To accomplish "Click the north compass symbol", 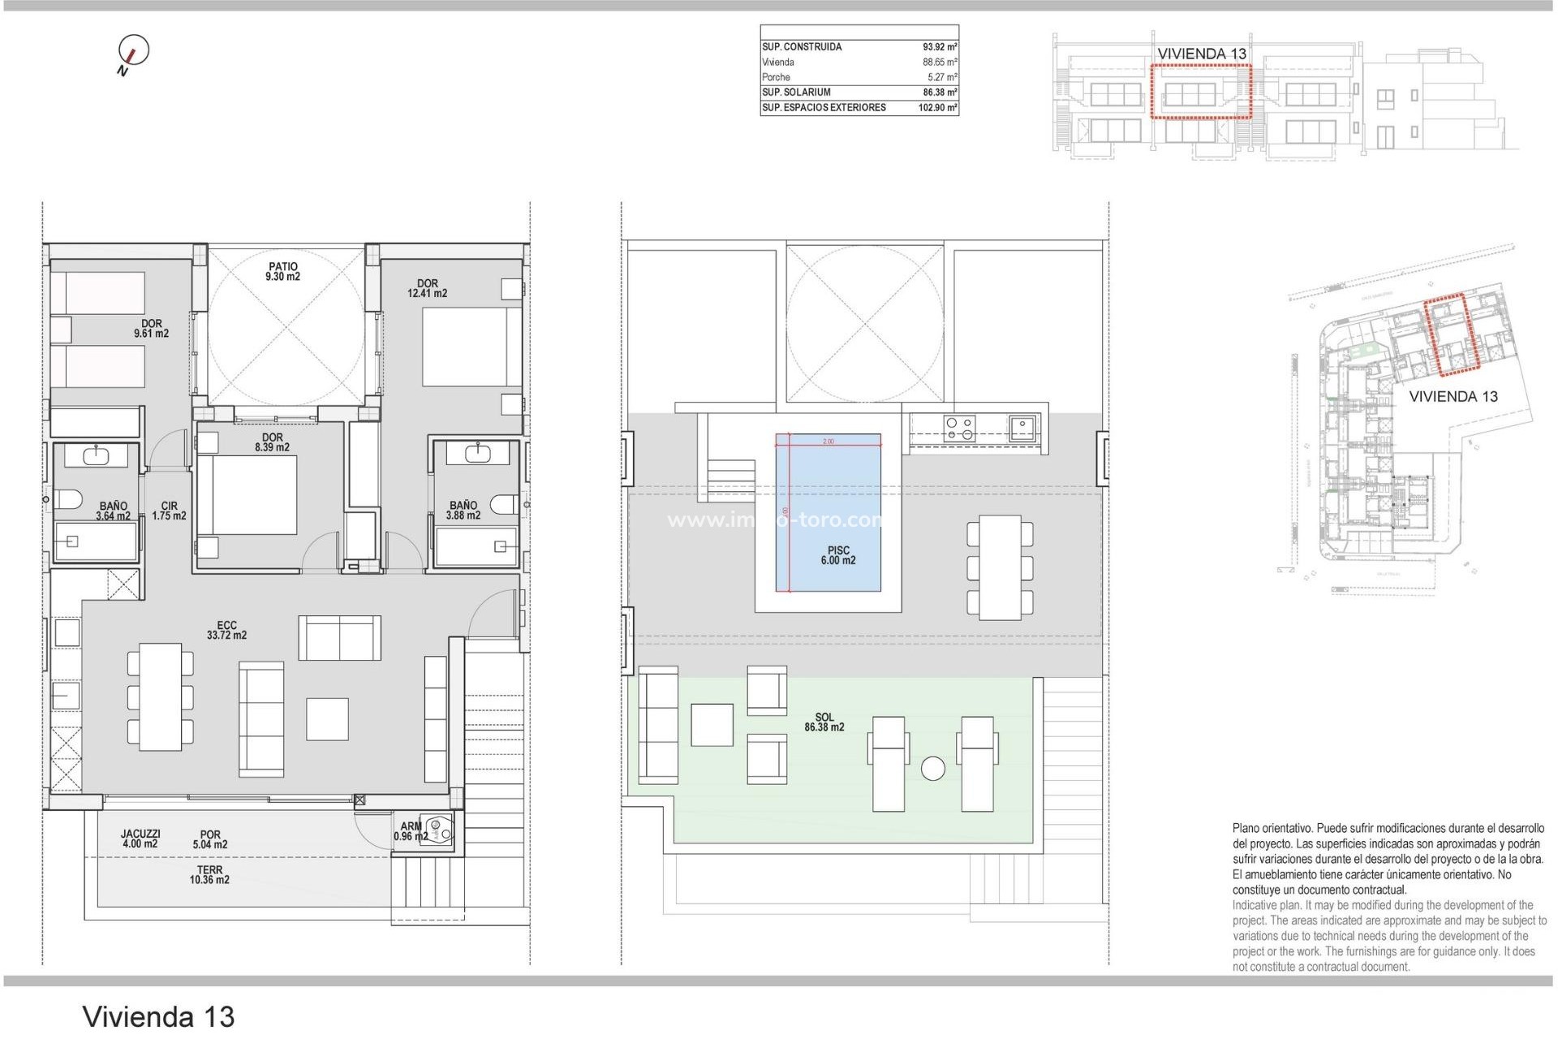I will click(133, 51).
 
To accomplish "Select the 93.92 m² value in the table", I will click(939, 47).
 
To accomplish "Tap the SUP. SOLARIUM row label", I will click(796, 93).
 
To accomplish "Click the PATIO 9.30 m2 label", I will click(282, 272).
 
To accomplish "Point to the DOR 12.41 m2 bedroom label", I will click(427, 289).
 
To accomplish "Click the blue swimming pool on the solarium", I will click(828, 511).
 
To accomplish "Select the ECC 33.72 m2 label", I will click(226, 631).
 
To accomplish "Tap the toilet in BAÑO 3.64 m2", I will click(67, 500).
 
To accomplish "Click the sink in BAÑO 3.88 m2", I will click(477, 452).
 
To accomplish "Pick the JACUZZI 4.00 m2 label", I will click(140, 839).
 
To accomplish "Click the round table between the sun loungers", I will click(932, 768).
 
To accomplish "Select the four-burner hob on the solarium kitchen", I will click(959, 428).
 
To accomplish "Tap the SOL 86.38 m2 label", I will click(824, 722).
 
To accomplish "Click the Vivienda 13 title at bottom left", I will click(158, 1016).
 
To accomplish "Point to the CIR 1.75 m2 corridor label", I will click(169, 511).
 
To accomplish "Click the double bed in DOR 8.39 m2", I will click(247, 495).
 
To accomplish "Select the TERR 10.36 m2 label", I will click(209, 874).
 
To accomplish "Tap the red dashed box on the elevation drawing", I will click(1201, 93).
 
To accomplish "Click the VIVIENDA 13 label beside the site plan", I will click(1453, 397).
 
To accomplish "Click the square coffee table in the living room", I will click(327, 719).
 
